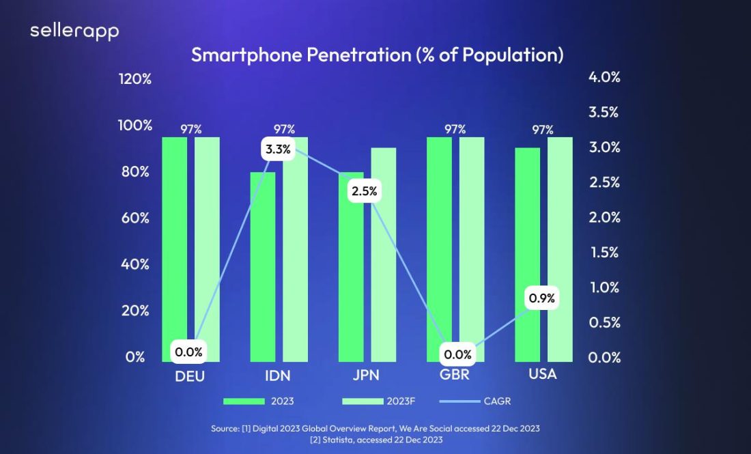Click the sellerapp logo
pos(74,31)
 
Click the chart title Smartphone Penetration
pos(377,55)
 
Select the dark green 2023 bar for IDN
pos(263,266)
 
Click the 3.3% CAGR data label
pos(278,149)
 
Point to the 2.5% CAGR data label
pos(364,192)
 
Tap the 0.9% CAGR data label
pos(542,298)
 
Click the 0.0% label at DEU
pos(188,352)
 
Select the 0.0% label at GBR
pos(457,354)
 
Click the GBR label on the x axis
pos(455,375)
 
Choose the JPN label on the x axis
pos(366,375)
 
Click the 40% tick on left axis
pos(136,264)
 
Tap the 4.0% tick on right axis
pos(604,78)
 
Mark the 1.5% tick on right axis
pos(604,253)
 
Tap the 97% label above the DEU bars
pos(190,129)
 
